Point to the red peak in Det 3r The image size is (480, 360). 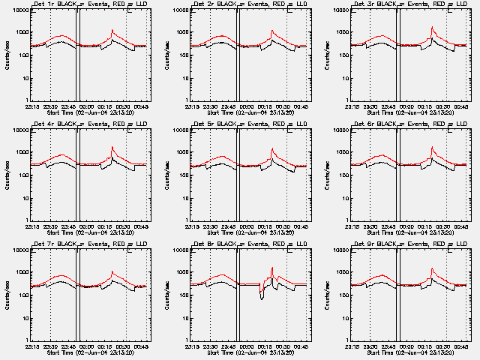pos(433,28)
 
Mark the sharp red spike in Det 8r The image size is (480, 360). pos(272,268)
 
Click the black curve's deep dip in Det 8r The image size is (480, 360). pos(262,298)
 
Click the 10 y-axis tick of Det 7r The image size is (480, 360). pos(23,318)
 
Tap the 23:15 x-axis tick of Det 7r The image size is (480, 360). pos(31,347)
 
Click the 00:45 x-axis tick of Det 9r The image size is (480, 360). pos(462,347)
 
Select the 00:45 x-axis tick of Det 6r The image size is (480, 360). pos(462,227)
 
